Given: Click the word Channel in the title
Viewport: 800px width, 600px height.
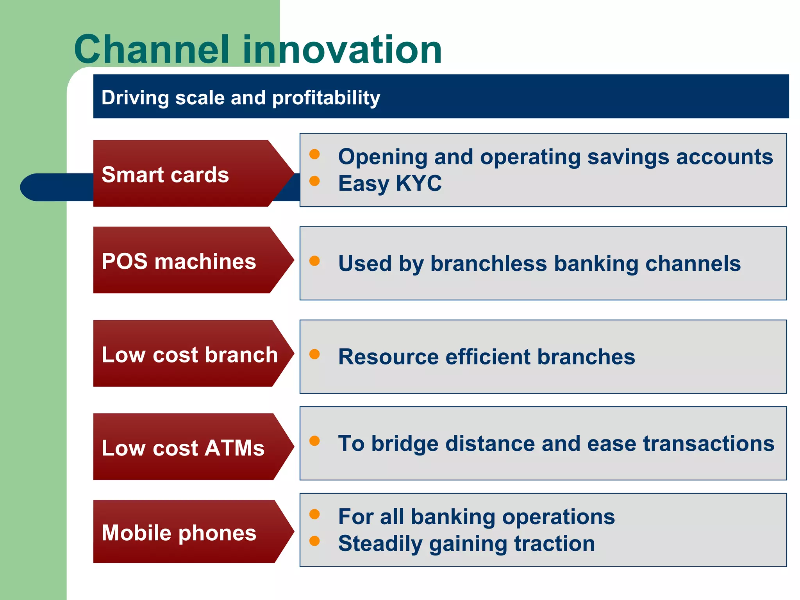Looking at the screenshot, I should click(152, 50).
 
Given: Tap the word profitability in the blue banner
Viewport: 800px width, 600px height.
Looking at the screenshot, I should click(326, 98).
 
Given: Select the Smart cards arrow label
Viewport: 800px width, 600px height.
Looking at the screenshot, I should click(165, 175).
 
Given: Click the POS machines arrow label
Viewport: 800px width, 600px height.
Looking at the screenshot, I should click(179, 261).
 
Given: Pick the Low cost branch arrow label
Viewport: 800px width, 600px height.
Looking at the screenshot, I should click(189, 355).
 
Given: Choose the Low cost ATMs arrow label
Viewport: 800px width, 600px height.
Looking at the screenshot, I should click(183, 448).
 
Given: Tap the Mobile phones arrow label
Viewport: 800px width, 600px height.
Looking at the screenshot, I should click(179, 533).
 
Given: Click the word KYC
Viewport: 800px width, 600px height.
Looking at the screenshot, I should click(418, 183).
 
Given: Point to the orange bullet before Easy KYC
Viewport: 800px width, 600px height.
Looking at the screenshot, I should click(314, 181).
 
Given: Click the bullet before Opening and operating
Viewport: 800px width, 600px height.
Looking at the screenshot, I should click(314, 154).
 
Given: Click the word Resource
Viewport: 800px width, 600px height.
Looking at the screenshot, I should click(388, 357).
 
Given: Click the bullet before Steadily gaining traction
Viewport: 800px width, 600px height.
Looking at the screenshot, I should click(314, 541).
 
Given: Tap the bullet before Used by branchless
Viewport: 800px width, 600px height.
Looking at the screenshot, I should click(314, 261).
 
